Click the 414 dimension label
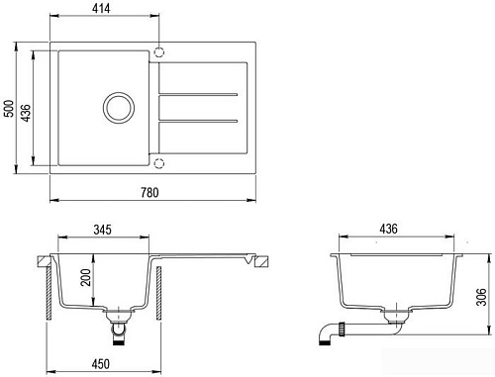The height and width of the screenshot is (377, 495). click(x=101, y=8)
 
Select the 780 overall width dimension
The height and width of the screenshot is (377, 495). click(x=149, y=193)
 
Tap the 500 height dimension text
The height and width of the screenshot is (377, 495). click(x=9, y=108)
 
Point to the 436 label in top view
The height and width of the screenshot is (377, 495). click(x=26, y=113)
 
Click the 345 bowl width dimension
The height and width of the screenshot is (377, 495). click(x=102, y=230)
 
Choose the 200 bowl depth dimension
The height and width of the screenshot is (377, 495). click(x=86, y=277)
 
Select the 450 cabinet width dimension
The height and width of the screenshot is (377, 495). click(x=101, y=364)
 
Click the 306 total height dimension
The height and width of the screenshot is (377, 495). click(x=482, y=297)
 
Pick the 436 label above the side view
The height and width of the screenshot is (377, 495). click(x=388, y=229)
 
